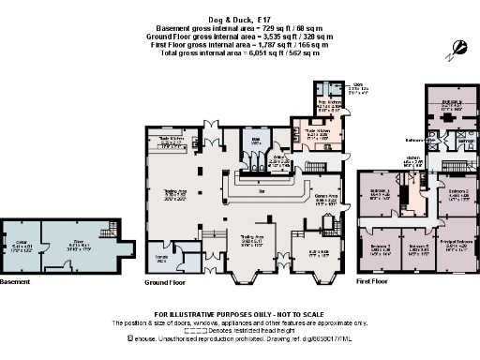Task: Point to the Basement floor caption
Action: [16, 280]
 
